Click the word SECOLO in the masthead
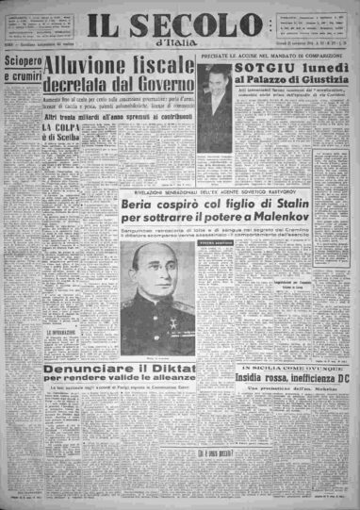pyautogui.click(x=204, y=25)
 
